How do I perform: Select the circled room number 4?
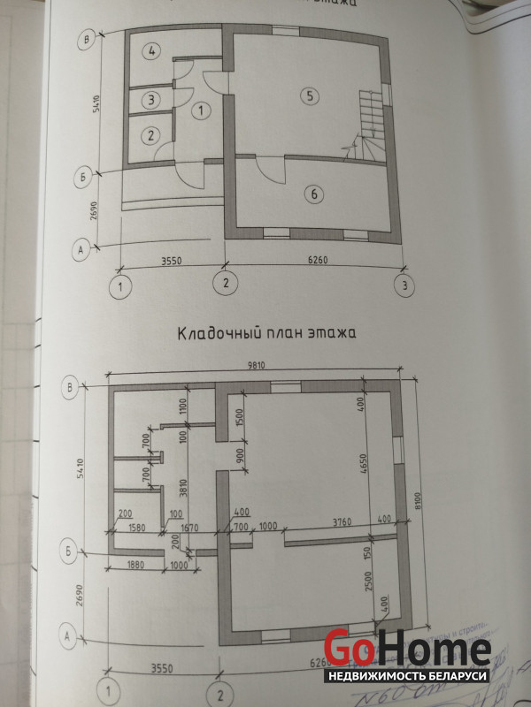152,50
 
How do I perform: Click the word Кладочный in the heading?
219,335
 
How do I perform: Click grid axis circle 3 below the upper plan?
404,285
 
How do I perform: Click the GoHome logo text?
406,650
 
